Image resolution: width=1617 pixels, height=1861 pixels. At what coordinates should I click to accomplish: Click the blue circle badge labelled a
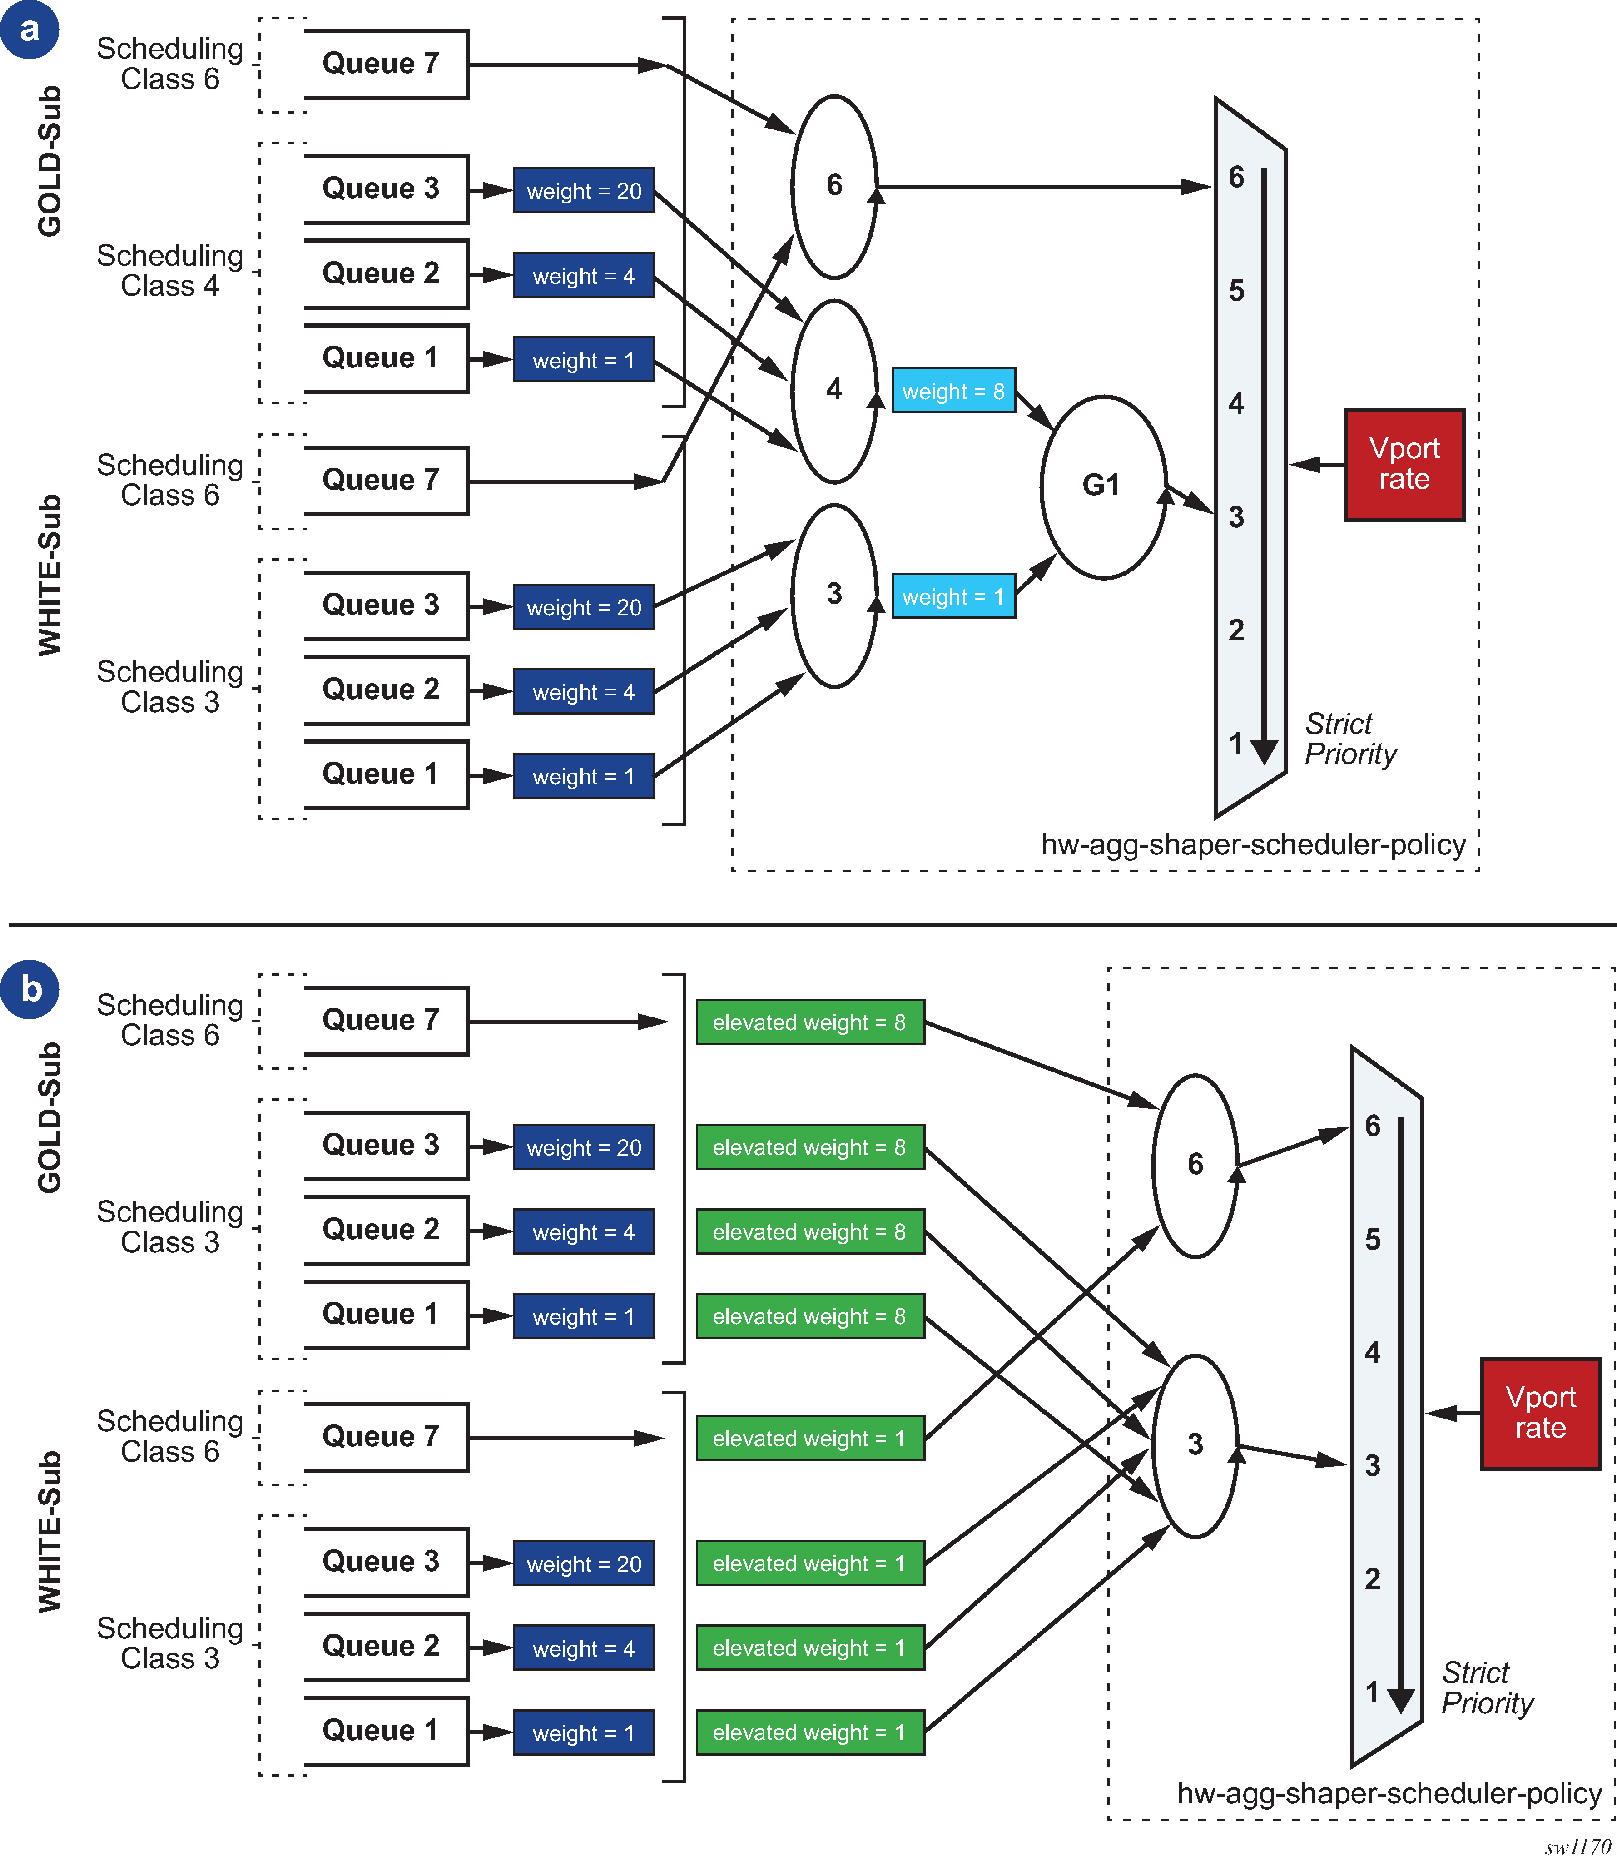[x=30, y=30]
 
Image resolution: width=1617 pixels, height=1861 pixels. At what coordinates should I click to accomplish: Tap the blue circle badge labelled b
[x=30, y=989]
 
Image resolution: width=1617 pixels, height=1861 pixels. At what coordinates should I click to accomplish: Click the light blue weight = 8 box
[x=953, y=391]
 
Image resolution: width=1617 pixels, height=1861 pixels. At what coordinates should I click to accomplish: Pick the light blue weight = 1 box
[x=953, y=596]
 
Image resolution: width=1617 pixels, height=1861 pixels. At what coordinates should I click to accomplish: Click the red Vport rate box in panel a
[x=1404, y=465]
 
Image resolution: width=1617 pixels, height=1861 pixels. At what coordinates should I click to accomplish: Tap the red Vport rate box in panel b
[x=1540, y=1413]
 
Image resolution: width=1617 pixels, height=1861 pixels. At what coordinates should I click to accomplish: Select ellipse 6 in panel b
[x=1195, y=1165]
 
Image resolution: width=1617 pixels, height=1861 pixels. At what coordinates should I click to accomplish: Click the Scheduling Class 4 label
[x=170, y=271]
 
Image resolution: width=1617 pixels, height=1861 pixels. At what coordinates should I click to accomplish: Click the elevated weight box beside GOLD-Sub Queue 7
[x=809, y=1022]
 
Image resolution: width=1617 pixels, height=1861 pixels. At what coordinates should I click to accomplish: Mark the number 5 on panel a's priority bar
[x=1236, y=291]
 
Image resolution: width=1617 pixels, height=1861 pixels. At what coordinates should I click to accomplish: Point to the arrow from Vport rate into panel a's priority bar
[x=1317, y=465]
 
